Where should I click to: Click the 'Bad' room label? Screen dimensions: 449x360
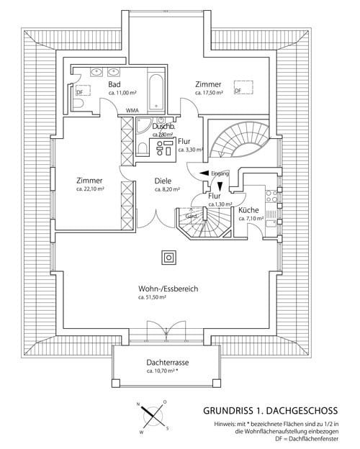pyautogui.click(x=114, y=84)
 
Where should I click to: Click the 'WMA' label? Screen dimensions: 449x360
pyautogui.click(x=132, y=110)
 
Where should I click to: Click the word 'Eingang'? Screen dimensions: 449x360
pyautogui.click(x=221, y=173)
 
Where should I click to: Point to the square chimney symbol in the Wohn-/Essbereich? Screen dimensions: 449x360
pyautogui.click(x=170, y=257)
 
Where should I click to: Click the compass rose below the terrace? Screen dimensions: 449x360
pyautogui.click(x=153, y=417)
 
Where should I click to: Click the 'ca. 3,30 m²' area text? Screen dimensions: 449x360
pyautogui.click(x=191, y=150)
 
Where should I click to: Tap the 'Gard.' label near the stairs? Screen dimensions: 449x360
pyautogui.click(x=192, y=216)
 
